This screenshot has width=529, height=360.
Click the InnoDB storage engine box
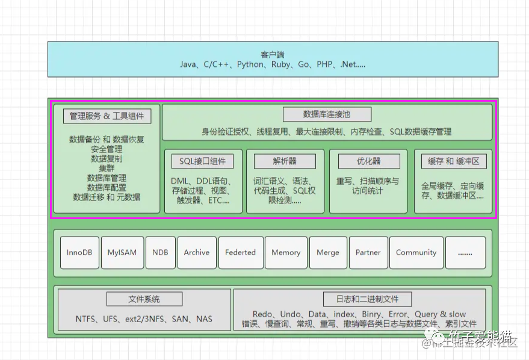pyautogui.click(x=79, y=252)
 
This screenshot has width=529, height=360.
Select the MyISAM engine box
pyautogui.click(x=122, y=252)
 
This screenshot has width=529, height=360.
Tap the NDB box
pyautogui.click(x=160, y=252)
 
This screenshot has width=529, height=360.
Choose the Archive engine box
pyautogui.click(x=197, y=252)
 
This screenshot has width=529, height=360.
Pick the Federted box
pyautogui.click(x=240, y=252)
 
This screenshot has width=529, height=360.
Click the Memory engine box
pyautogui.click(x=286, y=252)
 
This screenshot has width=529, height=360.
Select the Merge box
pyautogui.click(x=328, y=252)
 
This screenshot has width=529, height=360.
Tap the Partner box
pyautogui.click(x=368, y=252)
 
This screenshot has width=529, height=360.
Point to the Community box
pyautogui.click(x=416, y=252)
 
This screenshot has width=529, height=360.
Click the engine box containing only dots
pyautogui.click(x=465, y=252)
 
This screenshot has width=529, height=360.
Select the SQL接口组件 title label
pyautogui.click(x=202, y=161)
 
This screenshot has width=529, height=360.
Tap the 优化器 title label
pyautogui.click(x=368, y=161)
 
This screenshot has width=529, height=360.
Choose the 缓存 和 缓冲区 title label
pyautogui.click(x=453, y=161)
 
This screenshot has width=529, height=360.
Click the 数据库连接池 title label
pyautogui.click(x=327, y=114)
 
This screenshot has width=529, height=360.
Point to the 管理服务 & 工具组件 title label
pyautogui.click(x=107, y=116)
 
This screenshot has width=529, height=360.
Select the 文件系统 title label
pyautogui.click(x=144, y=299)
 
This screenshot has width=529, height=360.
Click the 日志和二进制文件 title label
pyautogui.click(x=359, y=299)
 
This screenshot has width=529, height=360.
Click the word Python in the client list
pyautogui.click(x=250, y=64)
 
